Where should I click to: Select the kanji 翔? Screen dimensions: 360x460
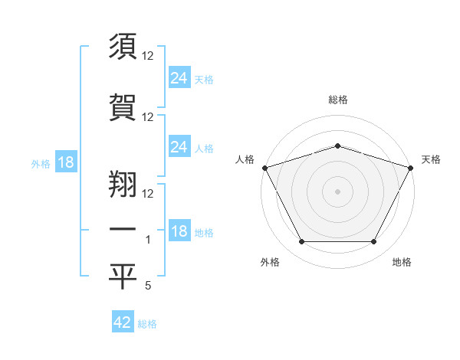[x=123, y=179]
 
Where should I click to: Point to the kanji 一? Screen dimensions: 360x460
[x=123, y=227]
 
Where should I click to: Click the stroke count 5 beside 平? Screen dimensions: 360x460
[x=147, y=286]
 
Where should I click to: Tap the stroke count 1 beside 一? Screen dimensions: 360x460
[x=149, y=240]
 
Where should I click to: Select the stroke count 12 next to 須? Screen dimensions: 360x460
[x=149, y=56]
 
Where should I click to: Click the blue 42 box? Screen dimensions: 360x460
[x=123, y=322]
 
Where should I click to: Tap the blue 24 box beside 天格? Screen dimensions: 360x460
[x=179, y=77]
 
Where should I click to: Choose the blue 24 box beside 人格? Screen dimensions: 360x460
[x=179, y=147]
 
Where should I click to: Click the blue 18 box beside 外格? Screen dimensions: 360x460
[x=65, y=162]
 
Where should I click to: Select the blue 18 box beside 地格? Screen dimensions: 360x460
[x=179, y=231]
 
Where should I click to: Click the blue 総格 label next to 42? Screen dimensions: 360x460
[x=147, y=324]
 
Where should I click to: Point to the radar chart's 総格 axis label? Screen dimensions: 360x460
[x=337, y=100]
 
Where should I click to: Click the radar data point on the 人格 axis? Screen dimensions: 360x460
[x=264, y=167]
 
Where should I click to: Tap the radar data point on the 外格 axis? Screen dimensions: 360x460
[x=301, y=241]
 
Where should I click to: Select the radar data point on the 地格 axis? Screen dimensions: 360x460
[x=373, y=241]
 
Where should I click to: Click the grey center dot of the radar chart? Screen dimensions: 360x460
[x=337, y=191]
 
